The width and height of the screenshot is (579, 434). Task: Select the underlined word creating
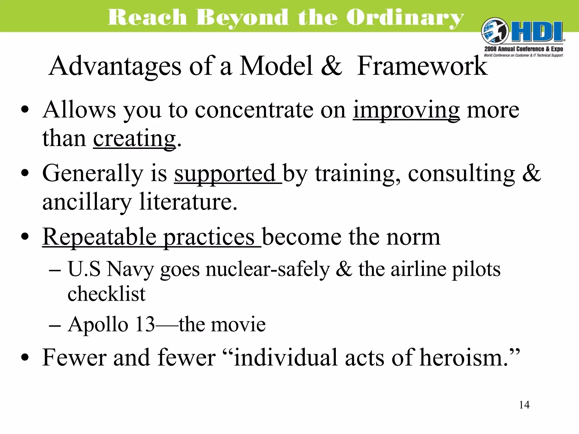coord(134,138)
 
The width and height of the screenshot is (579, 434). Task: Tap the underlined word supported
coord(225,173)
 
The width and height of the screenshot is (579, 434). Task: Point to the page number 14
coord(524,405)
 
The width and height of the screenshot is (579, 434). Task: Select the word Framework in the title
coord(422,66)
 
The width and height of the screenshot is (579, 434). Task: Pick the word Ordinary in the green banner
coord(405,18)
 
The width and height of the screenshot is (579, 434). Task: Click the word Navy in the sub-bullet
coord(130,269)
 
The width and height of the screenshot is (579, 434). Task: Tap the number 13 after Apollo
coord(145,324)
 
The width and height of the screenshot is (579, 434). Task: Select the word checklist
coord(107,294)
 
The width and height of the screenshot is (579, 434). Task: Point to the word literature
coord(188,202)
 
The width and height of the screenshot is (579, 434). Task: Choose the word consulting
coord(461,173)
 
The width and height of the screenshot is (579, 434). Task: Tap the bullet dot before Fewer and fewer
coord(25,357)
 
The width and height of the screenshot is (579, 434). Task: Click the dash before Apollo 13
coord(55,325)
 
